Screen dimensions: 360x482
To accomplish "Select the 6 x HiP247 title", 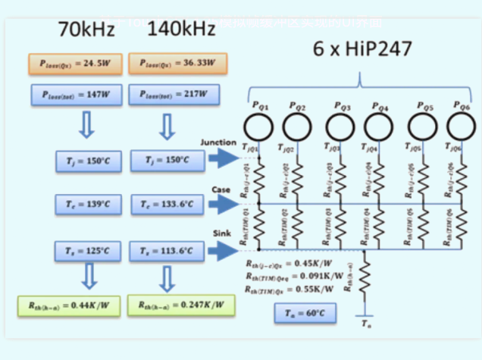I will click(363, 50).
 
